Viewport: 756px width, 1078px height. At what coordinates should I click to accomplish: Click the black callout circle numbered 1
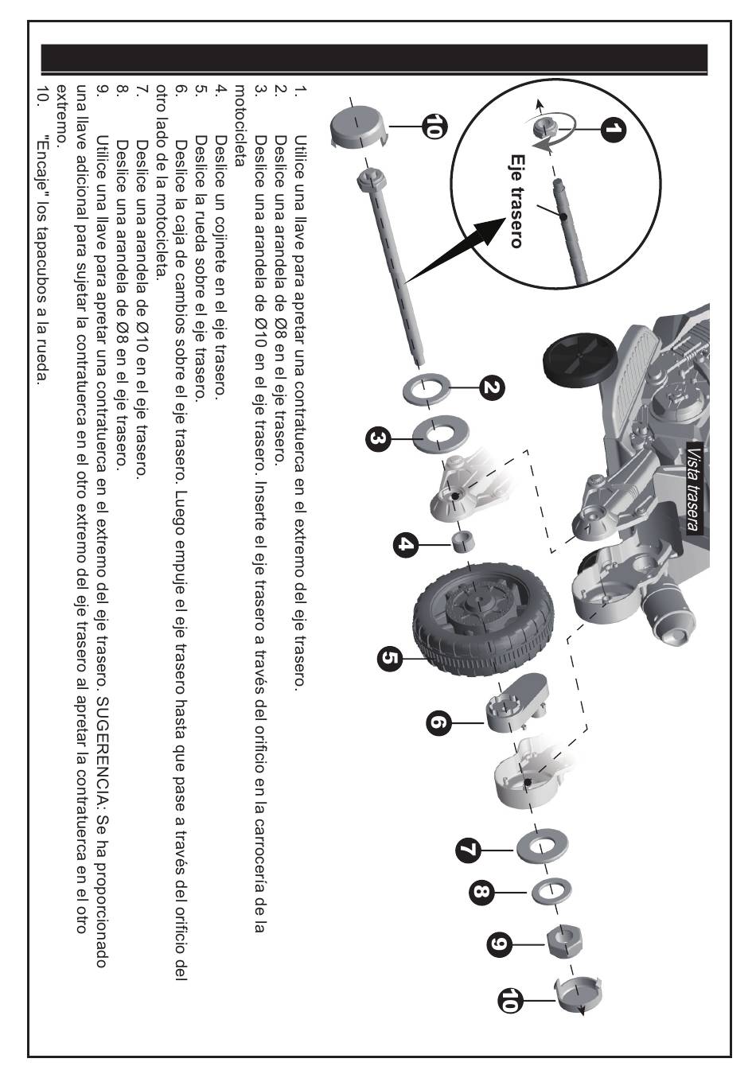click(x=613, y=130)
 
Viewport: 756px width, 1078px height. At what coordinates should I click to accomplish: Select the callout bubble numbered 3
click(x=378, y=439)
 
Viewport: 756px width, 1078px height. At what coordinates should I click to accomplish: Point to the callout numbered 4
click(x=406, y=545)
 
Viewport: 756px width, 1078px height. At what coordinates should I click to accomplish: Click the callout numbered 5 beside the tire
click(x=390, y=659)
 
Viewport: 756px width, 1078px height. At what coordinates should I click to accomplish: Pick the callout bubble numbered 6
click(x=438, y=723)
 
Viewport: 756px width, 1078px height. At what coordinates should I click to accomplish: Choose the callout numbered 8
click(x=481, y=893)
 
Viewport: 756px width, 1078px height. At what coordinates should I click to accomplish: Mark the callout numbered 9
click(x=499, y=944)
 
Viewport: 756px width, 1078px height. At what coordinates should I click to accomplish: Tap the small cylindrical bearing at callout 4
click(x=462, y=541)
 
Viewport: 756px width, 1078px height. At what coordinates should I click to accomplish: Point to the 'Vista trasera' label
click(x=695, y=488)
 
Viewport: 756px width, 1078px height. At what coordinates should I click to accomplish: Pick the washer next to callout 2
click(x=427, y=387)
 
